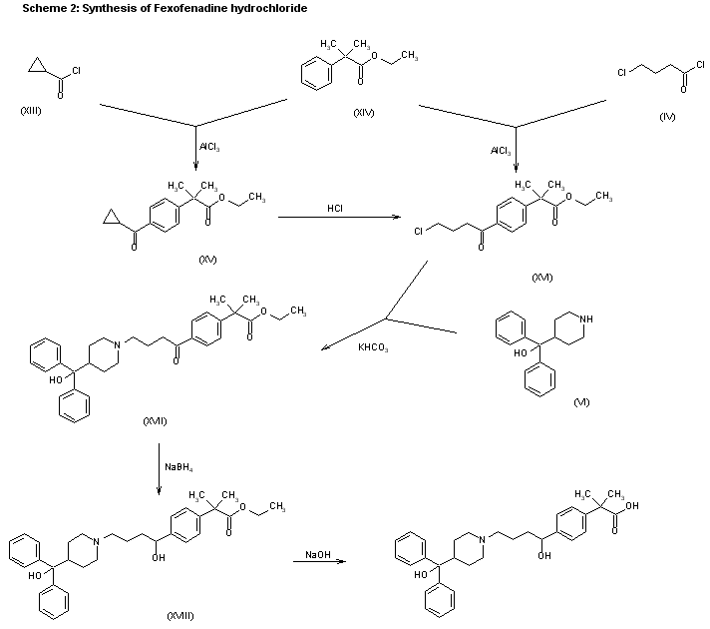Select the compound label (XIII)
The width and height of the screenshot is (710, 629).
click(x=31, y=110)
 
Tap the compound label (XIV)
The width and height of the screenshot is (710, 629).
click(x=363, y=111)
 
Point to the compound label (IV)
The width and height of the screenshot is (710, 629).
click(x=667, y=117)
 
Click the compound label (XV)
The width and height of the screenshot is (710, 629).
click(x=207, y=260)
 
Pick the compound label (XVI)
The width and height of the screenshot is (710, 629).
click(x=542, y=276)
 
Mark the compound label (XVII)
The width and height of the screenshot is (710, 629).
click(x=154, y=420)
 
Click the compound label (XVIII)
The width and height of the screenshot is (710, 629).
click(x=179, y=616)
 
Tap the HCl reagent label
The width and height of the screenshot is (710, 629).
click(x=335, y=208)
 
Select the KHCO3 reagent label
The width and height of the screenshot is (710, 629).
click(x=373, y=347)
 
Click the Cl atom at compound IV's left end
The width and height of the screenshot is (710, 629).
click(x=620, y=73)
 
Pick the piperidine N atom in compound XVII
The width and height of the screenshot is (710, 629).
click(x=119, y=345)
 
